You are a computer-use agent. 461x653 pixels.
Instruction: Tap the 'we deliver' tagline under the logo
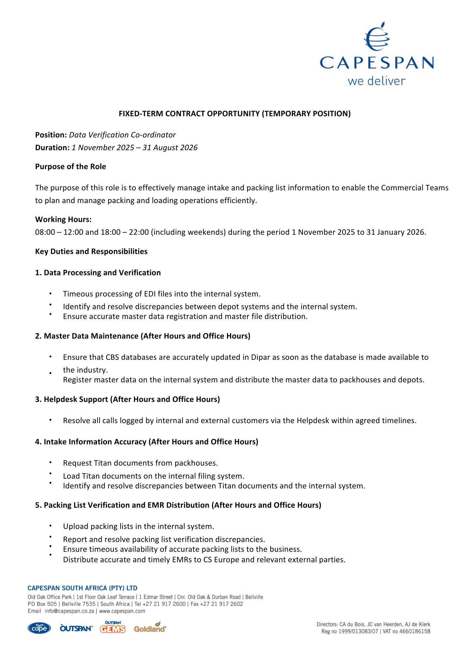(x=376, y=81)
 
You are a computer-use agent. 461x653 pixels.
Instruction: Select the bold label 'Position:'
(x=51, y=135)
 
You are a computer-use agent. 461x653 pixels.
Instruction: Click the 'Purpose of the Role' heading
(x=70, y=167)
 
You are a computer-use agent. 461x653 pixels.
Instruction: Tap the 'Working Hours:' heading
(x=63, y=219)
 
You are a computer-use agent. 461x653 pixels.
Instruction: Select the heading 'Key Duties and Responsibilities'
(x=91, y=251)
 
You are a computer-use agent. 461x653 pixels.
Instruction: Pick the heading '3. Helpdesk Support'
(x=127, y=399)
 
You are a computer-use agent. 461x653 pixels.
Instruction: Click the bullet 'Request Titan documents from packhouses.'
(x=140, y=463)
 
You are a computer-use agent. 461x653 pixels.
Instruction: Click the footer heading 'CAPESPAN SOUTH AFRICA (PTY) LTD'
(x=82, y=588)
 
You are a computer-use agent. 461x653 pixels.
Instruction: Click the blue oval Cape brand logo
(x=39, y=628)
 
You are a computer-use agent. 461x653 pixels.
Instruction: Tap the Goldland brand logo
(x=150, y=628)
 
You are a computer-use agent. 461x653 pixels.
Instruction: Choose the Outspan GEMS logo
(x=113, y=628)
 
